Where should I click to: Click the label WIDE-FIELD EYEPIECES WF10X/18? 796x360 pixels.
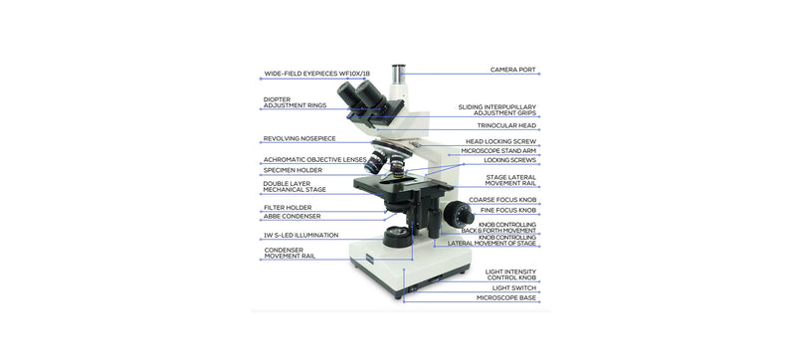(315, 73)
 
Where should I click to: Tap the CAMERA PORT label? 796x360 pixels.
(512, 70)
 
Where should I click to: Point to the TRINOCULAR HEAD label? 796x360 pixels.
(504, 125)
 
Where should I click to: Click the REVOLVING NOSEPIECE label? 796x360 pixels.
(298, 139)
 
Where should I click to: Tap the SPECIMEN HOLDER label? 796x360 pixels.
(292, 170)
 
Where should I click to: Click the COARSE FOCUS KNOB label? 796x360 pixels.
(502, 200)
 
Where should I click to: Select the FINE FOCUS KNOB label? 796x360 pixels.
(507, 210)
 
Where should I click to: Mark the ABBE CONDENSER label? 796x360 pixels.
(292, 216)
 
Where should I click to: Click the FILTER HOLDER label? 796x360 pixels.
(287, 207)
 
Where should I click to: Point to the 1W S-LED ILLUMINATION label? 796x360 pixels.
(300, 235)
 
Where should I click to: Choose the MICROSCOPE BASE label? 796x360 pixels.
(505, 296)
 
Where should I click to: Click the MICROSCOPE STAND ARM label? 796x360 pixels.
(497, 150)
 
